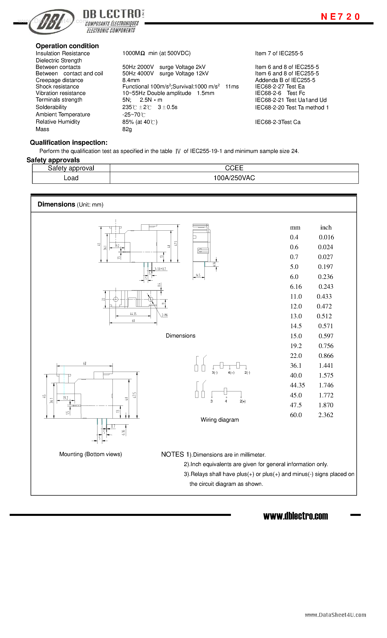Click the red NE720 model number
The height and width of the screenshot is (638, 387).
(340, 17)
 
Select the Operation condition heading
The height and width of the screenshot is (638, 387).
(67, 46)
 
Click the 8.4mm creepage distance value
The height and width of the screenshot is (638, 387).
(131, 80)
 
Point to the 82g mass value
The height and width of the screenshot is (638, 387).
(127, 129)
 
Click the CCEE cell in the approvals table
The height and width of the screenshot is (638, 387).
(234, 168)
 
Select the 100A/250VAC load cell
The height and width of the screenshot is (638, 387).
(234, 178)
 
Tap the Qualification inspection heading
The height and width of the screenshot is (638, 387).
(68, 143)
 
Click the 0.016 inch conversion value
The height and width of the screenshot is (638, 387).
(326, 237)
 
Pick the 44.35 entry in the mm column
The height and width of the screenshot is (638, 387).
(297, 385)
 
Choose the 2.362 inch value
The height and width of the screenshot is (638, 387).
(326, 415)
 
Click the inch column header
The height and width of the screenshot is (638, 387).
(326, 227)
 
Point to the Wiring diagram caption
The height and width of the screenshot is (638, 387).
(220, 420)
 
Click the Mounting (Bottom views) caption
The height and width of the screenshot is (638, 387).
(91, 454)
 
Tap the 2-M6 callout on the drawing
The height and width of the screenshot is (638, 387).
(164, 315)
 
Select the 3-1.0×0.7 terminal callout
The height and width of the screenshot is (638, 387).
(160, 269)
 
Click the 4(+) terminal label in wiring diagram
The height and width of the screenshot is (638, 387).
(231, 373)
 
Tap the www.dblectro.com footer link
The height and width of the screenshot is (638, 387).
(295, 516)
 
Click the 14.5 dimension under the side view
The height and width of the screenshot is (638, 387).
(198, 275)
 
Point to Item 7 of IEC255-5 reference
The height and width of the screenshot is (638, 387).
(279, 53)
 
